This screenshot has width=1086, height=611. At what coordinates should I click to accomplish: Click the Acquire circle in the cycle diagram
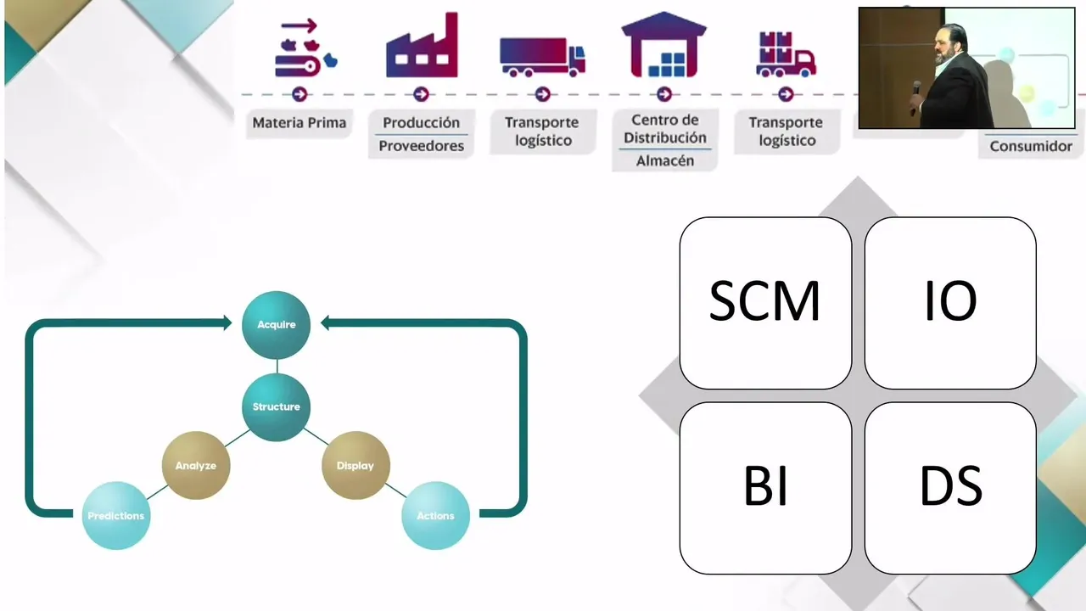(276, 324)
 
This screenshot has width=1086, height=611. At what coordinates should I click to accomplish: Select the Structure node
(276, 406)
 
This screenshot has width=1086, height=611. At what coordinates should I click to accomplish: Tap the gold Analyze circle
(196, 465)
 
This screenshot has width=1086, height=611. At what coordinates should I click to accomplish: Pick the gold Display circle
(355, 465)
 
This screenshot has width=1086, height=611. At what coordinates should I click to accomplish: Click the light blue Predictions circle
(116, 515)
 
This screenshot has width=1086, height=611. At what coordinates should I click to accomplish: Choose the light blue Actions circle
(435, 515)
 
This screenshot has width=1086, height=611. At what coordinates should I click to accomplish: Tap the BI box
(765, 488)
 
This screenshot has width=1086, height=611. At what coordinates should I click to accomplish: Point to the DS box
(950, 488)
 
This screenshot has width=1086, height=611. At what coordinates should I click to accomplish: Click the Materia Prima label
(299, 123)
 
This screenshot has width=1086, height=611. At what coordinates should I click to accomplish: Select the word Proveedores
(422, 146)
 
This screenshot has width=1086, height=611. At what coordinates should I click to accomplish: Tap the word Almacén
(665, 160)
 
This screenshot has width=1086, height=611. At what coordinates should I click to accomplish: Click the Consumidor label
(1031, 146)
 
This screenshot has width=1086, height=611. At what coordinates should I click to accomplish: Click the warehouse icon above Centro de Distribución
(664, 47)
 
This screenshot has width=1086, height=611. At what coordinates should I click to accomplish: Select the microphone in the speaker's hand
(916, 88)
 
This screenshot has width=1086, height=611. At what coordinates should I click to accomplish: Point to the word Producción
(422, 123)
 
